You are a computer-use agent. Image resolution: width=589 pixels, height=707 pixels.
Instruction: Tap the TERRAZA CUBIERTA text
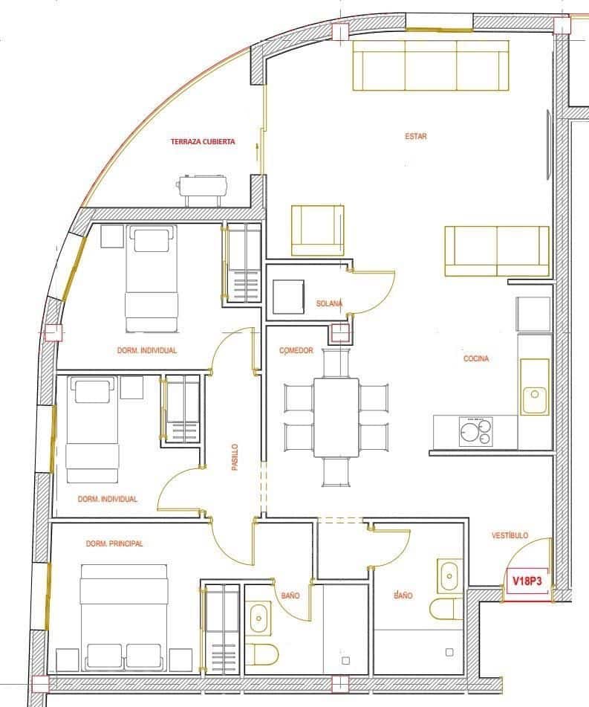pos(203,141)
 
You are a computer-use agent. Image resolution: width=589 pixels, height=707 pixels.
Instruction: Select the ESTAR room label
pos(416,136)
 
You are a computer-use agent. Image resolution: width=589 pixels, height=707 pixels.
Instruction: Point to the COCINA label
pos(476,358)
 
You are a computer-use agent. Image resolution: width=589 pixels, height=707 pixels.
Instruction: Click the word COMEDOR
pos(296,351)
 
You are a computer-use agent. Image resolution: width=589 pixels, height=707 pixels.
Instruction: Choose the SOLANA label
pos(329,303)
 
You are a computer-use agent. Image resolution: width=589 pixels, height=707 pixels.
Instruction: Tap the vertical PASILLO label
pos(235,459)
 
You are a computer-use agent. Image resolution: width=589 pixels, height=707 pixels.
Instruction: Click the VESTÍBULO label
pos(510,535)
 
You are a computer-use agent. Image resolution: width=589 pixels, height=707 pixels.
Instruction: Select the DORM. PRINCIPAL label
pos(114,543)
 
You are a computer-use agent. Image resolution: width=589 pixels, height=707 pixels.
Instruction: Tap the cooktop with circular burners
pos(475,431)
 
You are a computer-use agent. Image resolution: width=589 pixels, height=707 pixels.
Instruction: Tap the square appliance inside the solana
pos(288,297)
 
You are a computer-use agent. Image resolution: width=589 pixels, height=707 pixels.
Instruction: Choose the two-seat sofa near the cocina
pos(496,251)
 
